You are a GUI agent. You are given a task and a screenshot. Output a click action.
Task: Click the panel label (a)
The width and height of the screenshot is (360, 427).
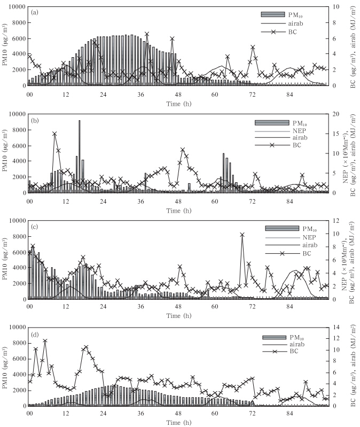click(x=35, y=12)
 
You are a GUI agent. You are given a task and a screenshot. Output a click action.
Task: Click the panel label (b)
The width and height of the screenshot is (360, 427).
click(x=35, y=118)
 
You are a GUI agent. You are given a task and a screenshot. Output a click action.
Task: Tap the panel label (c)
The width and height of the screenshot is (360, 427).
click(x=35, y=225)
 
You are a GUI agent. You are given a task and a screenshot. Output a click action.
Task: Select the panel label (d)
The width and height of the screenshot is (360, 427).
click(x=35, y=331)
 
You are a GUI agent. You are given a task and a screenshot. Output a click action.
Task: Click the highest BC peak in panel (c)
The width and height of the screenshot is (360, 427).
click(x=242, y=234)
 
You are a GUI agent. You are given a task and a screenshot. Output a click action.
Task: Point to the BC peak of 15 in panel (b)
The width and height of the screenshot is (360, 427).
click(x=54, y=134)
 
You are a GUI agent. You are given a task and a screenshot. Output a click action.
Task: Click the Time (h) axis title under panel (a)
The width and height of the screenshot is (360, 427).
click(x=178, y=102)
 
